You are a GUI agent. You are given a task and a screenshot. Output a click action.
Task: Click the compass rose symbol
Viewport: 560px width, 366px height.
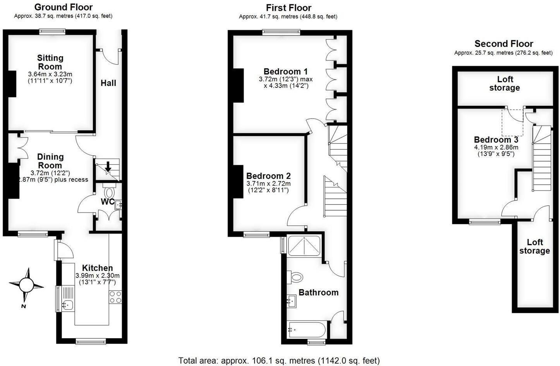(x=27, y=285)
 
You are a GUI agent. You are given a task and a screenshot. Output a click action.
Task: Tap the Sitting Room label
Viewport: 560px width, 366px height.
(x=50, y=62)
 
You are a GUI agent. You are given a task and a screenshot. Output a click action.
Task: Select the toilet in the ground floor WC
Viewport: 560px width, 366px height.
(x=110, y=192)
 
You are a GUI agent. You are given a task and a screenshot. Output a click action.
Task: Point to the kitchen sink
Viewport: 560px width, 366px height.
(x=67, y=305)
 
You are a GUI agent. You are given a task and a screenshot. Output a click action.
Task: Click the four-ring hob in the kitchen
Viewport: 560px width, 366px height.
(x=115, y=297)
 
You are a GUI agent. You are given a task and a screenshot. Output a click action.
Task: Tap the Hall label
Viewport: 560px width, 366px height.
(x=108, y=83)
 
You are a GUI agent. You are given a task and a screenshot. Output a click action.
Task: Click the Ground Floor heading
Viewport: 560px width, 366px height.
(x=64, y=7)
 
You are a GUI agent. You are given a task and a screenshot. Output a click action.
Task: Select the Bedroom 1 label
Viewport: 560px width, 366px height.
(x=285, y=71)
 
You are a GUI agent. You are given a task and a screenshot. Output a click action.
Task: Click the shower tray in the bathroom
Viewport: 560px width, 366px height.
(x=304, y=245)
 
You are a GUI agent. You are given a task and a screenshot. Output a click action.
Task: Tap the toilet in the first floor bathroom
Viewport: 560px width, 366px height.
(x=296, y=277)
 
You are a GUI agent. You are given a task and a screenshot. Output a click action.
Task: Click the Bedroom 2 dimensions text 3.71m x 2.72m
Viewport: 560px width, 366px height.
(x=268, y=184)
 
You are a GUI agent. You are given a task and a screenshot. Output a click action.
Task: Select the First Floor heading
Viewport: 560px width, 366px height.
(x=289, y=8)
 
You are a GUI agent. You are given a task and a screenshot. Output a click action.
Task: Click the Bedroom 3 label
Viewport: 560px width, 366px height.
(x=496, y=140)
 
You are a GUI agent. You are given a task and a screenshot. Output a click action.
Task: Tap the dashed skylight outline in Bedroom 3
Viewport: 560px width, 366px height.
(x=512, y=122)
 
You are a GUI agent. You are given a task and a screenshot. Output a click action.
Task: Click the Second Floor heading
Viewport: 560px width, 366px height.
(x=503, y=44)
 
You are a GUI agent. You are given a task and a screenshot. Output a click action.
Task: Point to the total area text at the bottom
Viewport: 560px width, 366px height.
(x=279, y=361)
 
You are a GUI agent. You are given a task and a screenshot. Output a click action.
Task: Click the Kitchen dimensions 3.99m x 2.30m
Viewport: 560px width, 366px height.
(x=98, y=275)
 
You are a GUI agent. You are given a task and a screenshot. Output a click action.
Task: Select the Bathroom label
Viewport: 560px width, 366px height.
(x=318, y=292)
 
